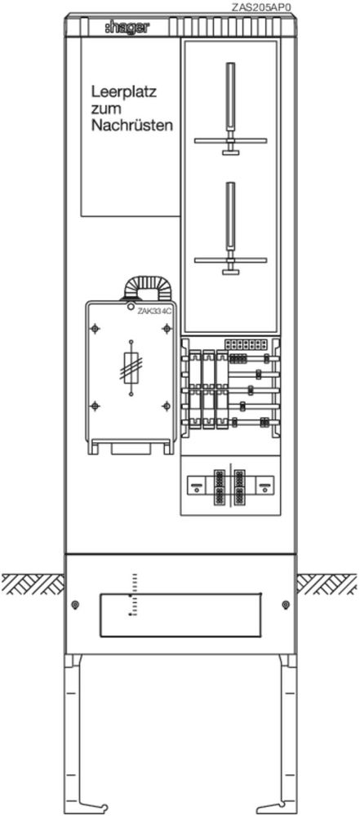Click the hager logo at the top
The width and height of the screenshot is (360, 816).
(126, 28)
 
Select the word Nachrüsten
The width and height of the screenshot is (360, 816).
(131, 126)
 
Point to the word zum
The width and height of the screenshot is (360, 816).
(106, 110)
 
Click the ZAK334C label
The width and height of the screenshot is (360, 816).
(155, 311)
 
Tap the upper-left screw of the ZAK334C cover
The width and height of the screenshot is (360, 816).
(95, 328)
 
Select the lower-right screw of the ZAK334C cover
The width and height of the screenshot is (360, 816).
(167, 406)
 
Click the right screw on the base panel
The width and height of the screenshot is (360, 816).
(285, 605)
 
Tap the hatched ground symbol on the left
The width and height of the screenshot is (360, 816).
(33, 584)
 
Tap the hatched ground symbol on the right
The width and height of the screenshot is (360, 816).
(327, 584)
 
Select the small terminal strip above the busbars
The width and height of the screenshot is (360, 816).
(246, 344)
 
